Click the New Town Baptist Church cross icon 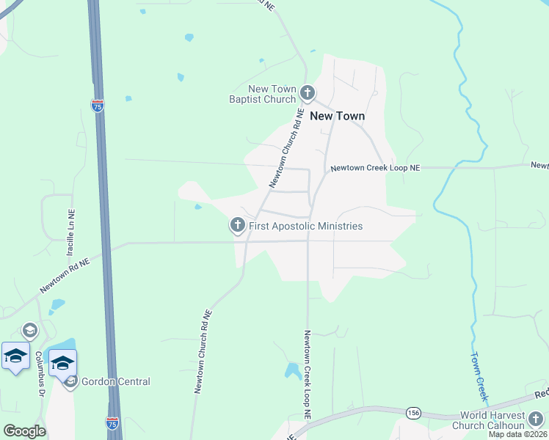tap(308, 93)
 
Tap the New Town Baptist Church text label tap(262, 94)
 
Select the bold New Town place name tap(337, 116)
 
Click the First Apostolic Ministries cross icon tap(238, 225)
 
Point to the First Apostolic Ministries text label tap(305, 226)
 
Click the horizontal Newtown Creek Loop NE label tap(375, 168)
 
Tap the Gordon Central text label tap(116, 381)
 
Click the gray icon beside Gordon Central tap(71, 381)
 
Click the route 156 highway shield tap(415, 414)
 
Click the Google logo tap(24, 430)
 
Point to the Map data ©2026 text tap(518, 434)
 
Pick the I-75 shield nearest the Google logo tap(112, 424)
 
